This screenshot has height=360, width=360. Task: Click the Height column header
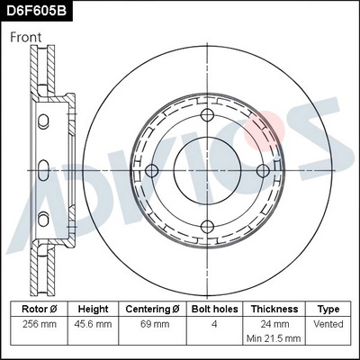(93, 308)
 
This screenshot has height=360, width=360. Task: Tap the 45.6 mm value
(93, 322)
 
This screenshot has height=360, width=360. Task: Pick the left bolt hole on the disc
(152, 170)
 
